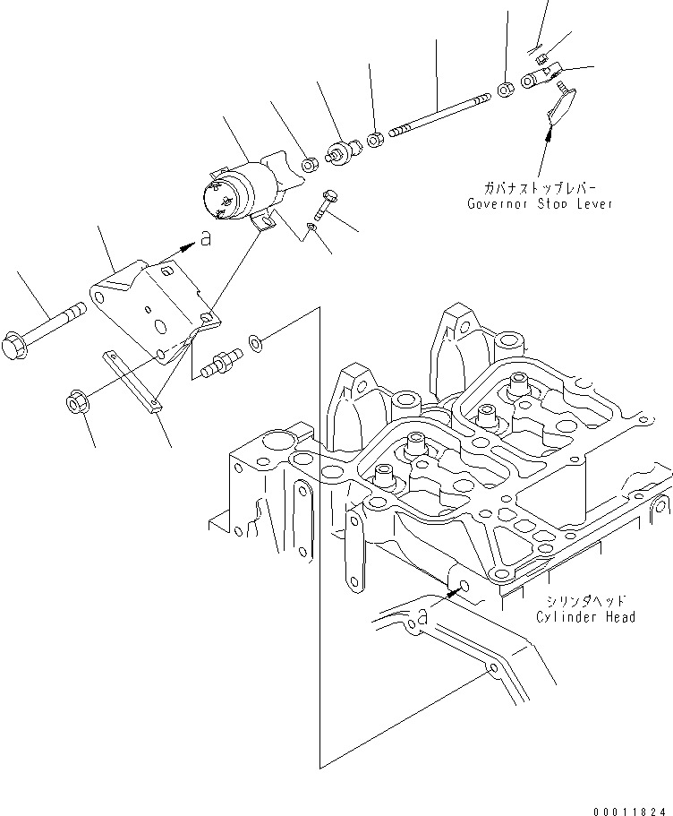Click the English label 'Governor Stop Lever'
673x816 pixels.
tap(541, 203)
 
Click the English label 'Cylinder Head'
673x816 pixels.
tap(585, 616)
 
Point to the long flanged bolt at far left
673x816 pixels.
tap(49, 331)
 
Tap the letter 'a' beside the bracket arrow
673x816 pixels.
tap(206, 239)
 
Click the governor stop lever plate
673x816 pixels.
tap(562, 106)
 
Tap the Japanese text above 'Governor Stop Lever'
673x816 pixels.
tap(541, 189)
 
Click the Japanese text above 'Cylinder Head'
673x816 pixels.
tap(586, 601)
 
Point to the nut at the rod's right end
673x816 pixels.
tap(506, 89)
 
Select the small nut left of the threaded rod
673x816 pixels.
tap(376, 140)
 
